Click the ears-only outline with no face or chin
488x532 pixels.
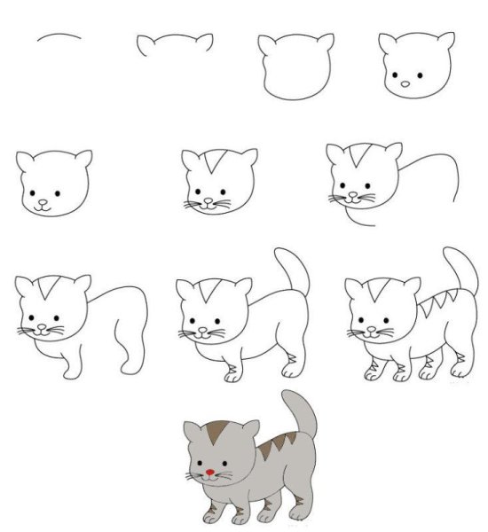[x=175, y=44]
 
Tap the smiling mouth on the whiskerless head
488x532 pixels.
[x=43, y=206]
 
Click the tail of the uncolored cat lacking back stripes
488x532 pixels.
[x=291, y=270]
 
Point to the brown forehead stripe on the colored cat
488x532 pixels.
[x=216, y=434]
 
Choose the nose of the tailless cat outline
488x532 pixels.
[x=37, y=325]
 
